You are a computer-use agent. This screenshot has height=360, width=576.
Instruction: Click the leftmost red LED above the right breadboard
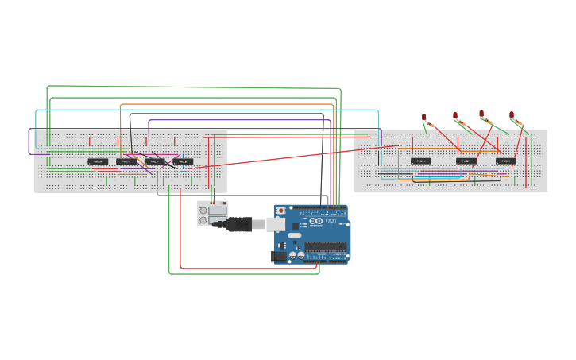(x=424, y=118)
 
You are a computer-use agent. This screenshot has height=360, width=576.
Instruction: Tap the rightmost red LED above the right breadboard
(x=512, y=115)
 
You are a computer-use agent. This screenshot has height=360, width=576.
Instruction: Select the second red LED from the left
(x=455, y=116)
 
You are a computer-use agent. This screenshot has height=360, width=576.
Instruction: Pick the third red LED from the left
(x=481, y=114)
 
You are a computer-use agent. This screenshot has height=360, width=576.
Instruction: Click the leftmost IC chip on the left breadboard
(x=98, y=161)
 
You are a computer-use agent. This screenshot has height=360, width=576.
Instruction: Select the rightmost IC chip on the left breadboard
(x=183, y=161)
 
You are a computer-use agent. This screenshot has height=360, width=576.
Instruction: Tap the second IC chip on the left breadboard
(x=126, y=161)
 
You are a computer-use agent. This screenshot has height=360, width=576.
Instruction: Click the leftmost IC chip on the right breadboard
(x=421, y=161)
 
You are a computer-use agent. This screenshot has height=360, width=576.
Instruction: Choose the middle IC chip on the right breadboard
(x=466, y=161)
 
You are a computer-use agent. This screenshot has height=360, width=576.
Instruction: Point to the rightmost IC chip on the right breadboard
(x=506, y=161)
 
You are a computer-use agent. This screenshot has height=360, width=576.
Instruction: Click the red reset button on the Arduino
(x=280, y=211)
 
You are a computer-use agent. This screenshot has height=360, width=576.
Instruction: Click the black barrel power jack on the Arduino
(x=279, y=256)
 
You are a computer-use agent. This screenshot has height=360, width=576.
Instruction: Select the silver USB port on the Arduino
(x=275, y=225)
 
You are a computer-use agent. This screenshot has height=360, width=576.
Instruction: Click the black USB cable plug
(x=238, y=225)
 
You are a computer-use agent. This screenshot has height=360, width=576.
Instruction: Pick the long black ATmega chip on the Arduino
(x=326, y=247)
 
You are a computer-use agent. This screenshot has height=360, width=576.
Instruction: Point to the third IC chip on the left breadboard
(x=154, y=161)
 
